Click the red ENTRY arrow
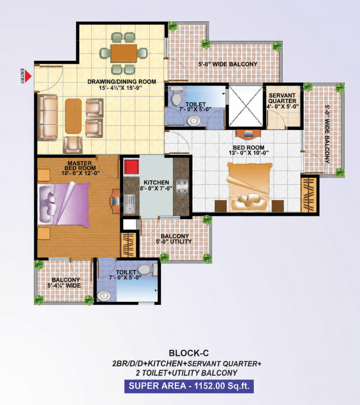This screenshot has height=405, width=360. [28, 76]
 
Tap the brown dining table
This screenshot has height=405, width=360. [124, 53]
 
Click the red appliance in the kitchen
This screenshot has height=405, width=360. [132, 167]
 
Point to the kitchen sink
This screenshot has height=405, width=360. [129, 204]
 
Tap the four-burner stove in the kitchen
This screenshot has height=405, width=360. [182, 187]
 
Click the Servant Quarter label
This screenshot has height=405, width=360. [282, 98]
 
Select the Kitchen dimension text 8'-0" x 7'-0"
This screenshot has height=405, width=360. [156, 188]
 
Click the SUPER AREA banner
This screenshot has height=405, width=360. [189, 386]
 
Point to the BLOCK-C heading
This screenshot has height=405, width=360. [189, 353]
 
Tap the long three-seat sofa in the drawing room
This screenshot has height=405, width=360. [48, 117]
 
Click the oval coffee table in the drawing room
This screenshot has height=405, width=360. [73, 116]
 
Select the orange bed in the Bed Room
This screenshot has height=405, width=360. [249, 187]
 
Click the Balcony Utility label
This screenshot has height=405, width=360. [174, 239]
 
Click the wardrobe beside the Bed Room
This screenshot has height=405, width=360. [309, 195]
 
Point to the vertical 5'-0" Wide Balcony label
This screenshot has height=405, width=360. [327, 134]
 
